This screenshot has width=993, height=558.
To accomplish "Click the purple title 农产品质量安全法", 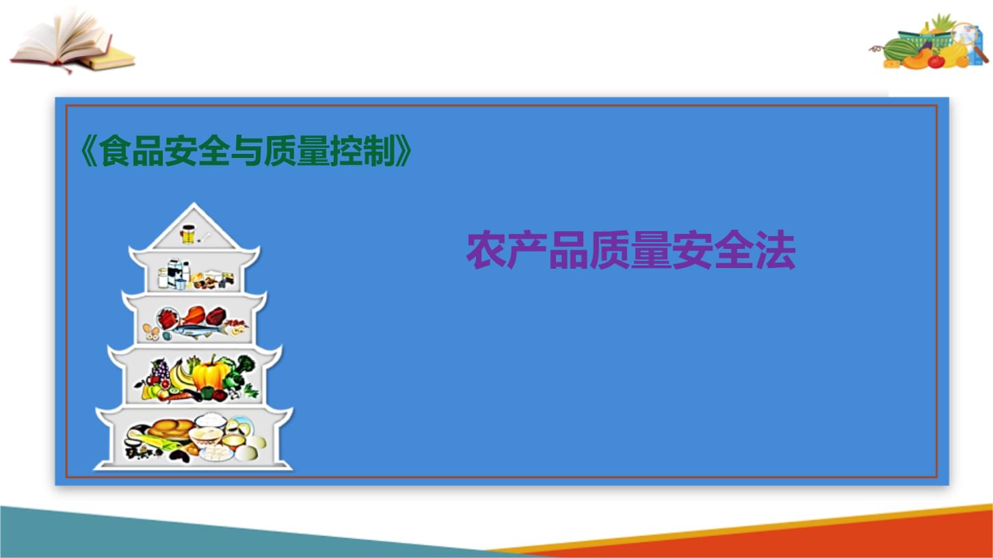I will [631, 252].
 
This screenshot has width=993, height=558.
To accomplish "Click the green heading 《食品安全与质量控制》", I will [247, 152].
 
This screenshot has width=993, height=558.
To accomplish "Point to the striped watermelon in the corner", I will [900, 50].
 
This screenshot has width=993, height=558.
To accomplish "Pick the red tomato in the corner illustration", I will [936, 61].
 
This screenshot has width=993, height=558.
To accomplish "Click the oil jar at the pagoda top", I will [187, 235].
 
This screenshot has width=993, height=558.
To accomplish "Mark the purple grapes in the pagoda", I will [159, 373].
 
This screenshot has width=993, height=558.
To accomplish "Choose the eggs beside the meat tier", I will [150, 333].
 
